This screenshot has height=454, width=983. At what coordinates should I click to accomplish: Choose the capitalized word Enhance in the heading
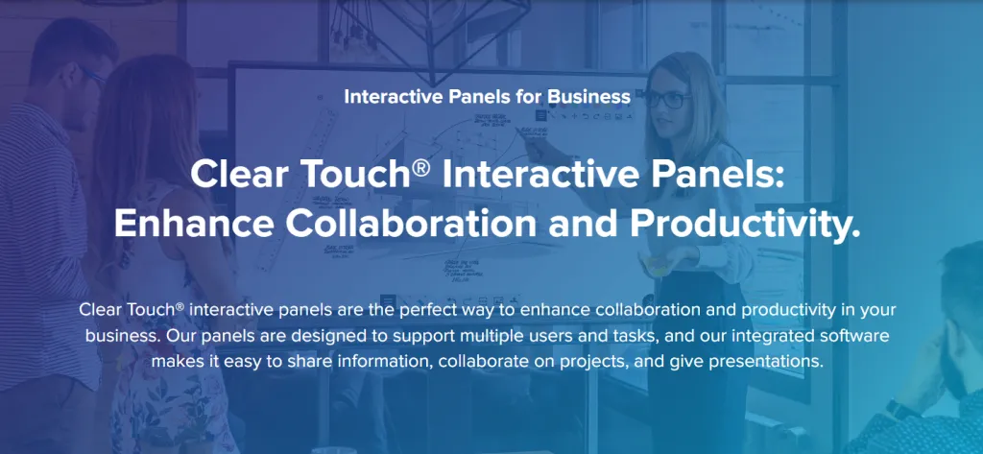(x=178, y=223)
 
